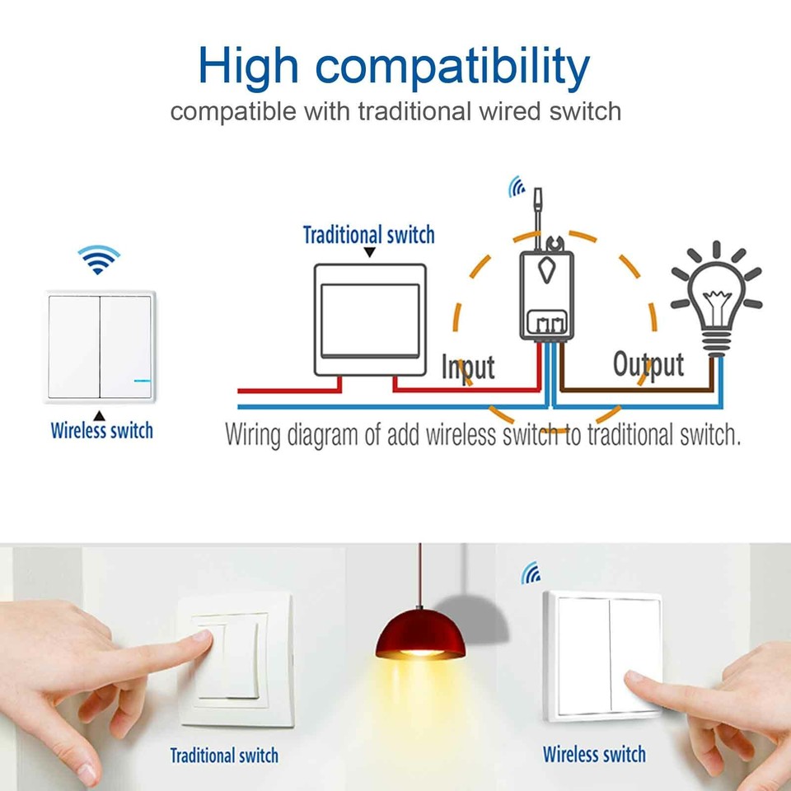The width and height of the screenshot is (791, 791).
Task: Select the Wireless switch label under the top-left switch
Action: click(x=101, y=430)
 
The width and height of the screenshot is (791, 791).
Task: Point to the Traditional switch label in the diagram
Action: click(x=368, y=235)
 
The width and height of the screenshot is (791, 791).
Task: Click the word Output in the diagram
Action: click(x=648, y=364)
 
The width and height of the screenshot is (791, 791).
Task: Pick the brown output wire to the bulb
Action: click(x=634, y=387)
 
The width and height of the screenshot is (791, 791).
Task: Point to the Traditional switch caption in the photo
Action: click(x=224, y=755)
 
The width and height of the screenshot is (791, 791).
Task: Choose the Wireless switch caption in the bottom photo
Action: click(x=594, y=753)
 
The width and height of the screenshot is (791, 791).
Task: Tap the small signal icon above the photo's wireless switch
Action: click(x=530, y=573)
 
